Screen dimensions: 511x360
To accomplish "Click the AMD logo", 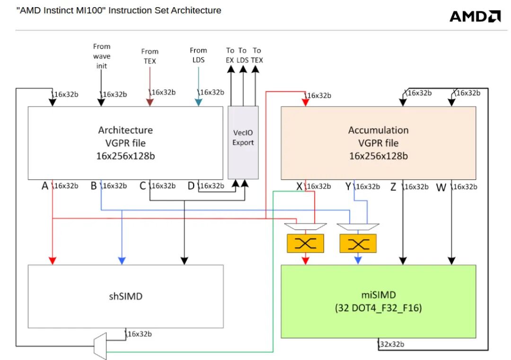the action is (x=475, y=16).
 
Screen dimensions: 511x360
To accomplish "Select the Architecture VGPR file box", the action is (x=125, y=142).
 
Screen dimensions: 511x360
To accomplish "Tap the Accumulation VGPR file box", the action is (x=378, y=142).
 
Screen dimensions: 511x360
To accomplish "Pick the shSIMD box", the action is (x=125, y=296).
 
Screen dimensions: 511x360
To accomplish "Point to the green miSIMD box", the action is (x=378, y=301).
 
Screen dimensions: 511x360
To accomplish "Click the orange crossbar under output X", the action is (x=305, y=244).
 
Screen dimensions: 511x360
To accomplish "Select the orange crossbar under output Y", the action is (x=358, y=244).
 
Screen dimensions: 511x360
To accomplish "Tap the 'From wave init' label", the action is (x=102, y=56).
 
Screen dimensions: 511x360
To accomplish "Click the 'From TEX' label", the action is (x=150, y=56).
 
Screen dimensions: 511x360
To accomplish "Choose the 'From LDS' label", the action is (x=198, y=55).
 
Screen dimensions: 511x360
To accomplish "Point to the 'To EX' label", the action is (x=230, y=55).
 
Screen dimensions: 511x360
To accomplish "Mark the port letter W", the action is (x=441, y=187).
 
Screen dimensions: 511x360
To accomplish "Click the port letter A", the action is (x=45, y=186).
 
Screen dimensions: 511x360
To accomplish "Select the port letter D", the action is (x=191, y=186).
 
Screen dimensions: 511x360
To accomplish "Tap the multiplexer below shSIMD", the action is (x=101, y=346).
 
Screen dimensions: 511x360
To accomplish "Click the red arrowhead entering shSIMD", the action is (x=53, y=261).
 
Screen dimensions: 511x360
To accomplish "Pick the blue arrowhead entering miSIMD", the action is (x=358, y=260).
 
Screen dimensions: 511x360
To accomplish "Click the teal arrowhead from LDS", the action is (x=198, y=102).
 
